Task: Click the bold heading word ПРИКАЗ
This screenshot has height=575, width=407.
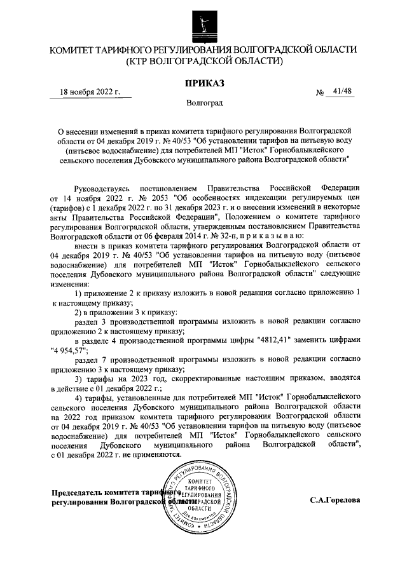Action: tap(203, 83)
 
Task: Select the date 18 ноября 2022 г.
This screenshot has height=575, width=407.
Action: tap(90, 91)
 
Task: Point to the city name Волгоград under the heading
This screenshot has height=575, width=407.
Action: tap(203, 102)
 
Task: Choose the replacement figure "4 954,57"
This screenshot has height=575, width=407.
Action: tap(71, 349)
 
